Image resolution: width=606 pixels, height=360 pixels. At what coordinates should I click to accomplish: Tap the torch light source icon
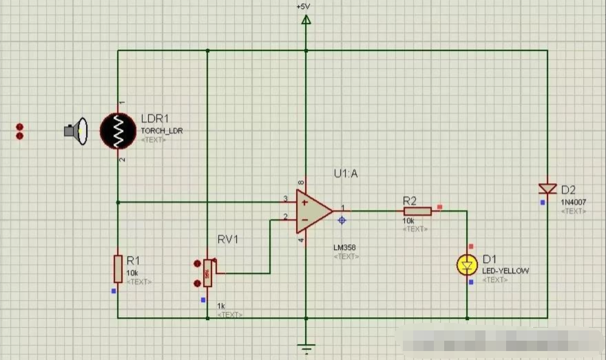76,131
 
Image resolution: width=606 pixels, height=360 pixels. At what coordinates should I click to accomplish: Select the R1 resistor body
118,268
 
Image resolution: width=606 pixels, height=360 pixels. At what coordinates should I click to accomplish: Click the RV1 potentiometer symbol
207,273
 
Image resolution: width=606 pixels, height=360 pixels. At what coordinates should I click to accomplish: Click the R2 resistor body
417,211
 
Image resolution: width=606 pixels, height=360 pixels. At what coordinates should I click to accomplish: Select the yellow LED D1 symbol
468,264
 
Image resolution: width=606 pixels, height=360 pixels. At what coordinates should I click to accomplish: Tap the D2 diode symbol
547,189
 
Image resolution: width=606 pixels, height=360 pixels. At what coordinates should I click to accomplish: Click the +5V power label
304,6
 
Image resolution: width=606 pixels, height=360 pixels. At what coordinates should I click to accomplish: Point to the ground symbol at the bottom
306,346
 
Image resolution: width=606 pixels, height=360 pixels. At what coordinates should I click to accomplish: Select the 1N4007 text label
572,202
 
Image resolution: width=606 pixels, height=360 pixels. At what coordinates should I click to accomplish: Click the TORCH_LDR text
162,131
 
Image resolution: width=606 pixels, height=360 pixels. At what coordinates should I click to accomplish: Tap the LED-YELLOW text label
505,271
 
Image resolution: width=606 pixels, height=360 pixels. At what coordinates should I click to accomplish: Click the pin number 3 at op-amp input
285,200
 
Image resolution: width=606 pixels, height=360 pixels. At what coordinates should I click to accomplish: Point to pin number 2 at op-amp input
285,217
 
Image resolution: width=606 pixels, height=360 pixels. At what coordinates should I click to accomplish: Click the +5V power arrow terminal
306,19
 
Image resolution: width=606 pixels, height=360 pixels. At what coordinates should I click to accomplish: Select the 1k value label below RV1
221,306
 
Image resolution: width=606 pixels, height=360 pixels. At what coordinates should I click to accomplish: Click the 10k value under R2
409,220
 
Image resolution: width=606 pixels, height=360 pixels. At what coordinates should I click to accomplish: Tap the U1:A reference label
345,174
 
